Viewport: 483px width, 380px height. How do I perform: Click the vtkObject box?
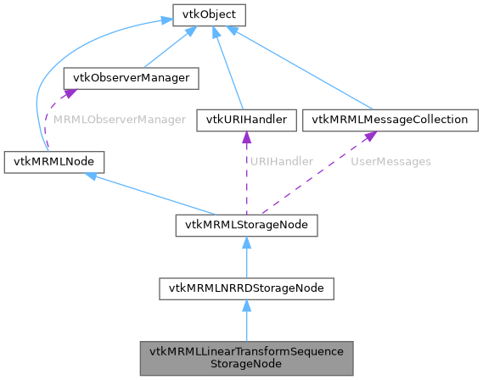(198, 14)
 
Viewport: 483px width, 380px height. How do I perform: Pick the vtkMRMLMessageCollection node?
(389, 120)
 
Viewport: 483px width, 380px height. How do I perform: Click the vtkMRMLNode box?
(54, 161)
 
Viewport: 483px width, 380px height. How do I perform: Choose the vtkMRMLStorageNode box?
(245, 225)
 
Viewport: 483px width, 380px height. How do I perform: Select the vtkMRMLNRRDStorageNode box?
(245, 289)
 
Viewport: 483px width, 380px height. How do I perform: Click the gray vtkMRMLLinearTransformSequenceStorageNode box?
(245, 359)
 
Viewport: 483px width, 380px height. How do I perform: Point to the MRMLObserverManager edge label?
(119, 120)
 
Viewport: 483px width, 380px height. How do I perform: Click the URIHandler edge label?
(280, 161)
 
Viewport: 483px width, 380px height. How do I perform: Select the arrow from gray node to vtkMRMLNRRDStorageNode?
(245, 322)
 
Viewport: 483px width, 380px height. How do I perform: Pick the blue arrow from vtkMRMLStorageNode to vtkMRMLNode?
(153, 193)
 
